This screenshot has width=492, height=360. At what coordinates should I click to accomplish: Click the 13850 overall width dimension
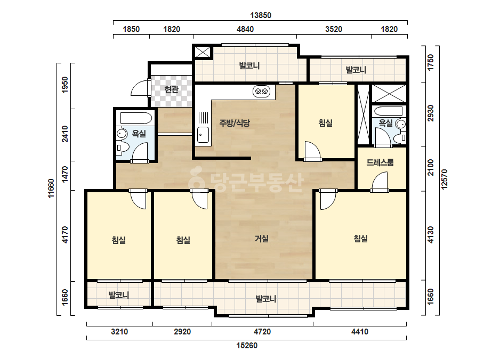coord(261,15)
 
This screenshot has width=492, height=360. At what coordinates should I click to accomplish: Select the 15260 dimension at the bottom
coord(247,346)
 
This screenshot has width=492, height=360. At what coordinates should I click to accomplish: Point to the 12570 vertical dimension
coord(445,179)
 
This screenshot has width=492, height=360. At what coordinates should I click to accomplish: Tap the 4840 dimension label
coord(245,29)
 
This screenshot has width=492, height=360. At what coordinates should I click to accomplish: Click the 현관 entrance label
coord(171,89)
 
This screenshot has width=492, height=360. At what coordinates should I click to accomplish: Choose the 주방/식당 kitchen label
coord(235,123)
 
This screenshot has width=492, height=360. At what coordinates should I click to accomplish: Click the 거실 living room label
coord(262,239)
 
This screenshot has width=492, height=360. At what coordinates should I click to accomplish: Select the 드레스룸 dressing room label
coord(380,162)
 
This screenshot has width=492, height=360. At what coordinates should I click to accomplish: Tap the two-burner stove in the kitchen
coord(261,92)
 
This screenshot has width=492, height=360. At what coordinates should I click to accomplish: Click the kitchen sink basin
coord(203,135)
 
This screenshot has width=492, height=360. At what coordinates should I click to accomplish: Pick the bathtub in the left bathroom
coord(136,118)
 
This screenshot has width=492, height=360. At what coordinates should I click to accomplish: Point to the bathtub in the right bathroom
coord(388,111)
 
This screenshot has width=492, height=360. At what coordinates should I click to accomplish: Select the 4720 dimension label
coord(262,331)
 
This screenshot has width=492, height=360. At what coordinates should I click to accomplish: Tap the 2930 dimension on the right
coord(431,113)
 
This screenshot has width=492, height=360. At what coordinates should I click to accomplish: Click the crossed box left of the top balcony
coord(203,52)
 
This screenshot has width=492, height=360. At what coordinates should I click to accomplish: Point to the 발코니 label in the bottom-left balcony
coord(119,295)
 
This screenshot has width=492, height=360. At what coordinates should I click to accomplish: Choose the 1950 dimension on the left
coord(65,85)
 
